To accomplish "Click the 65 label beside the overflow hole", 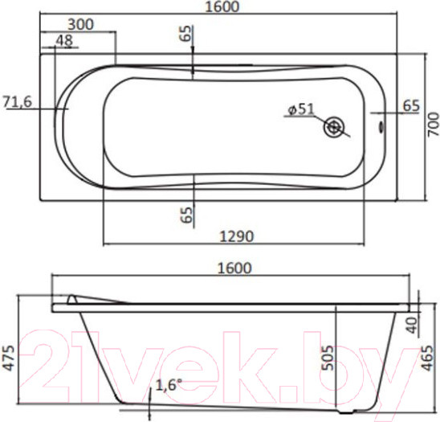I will [x=409, y=105].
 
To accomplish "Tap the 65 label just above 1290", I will [x=185, y=214].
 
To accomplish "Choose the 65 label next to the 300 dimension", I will [x=185, y=35].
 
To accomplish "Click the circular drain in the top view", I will [x=334, y=126].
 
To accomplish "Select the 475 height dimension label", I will [x=7, y=354].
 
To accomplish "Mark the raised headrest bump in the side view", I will [x=75, y=299].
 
